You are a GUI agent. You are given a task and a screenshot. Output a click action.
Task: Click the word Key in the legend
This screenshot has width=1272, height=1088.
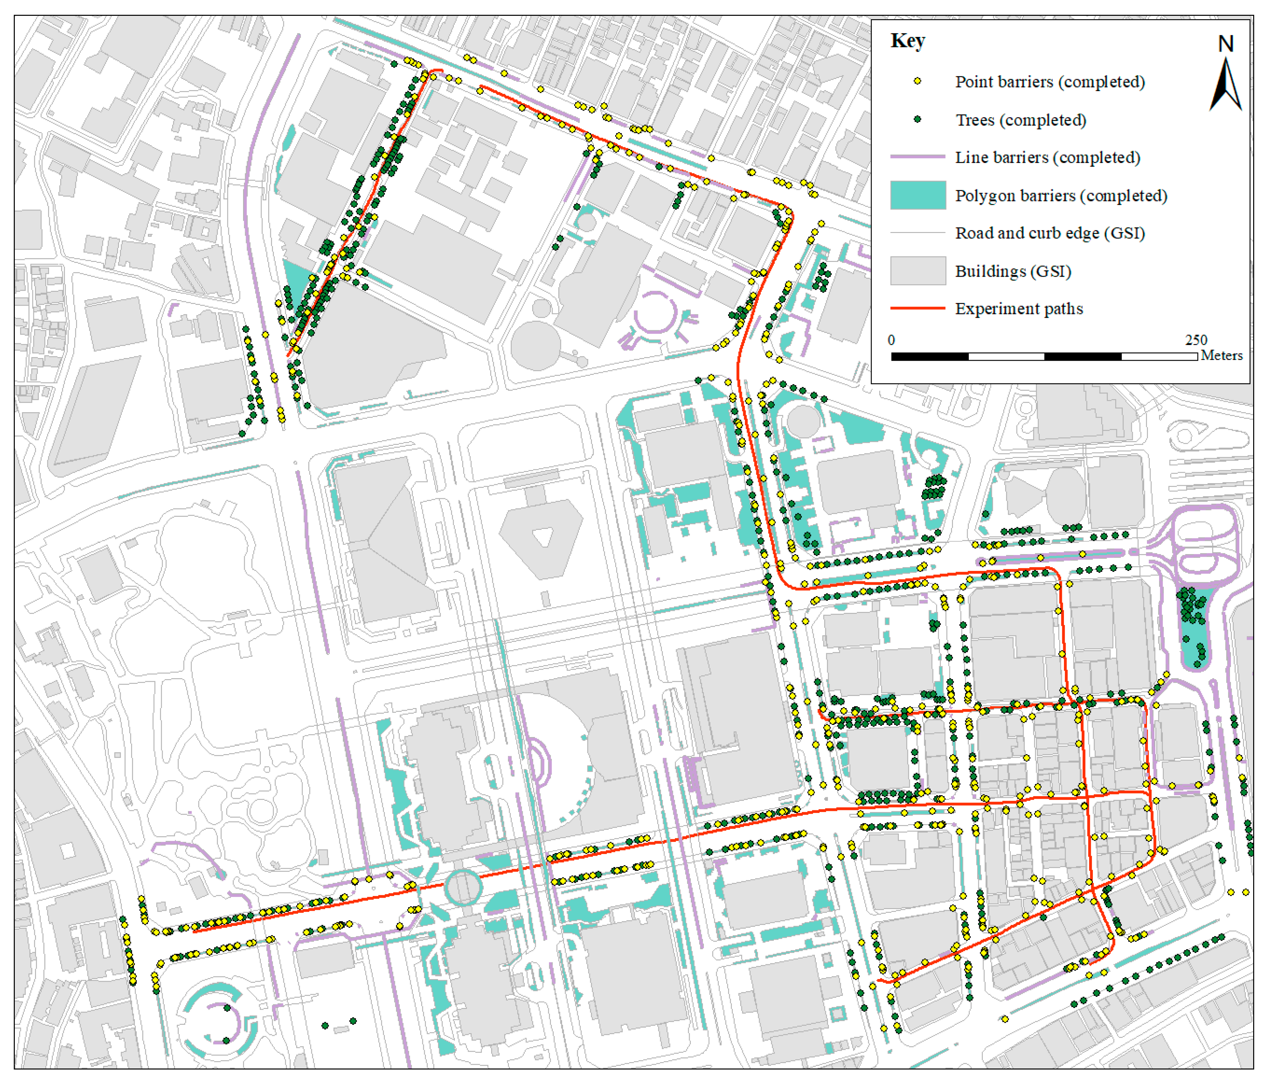click(x=907, y=41)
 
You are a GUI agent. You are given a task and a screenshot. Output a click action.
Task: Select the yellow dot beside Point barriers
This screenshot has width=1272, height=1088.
click(x=917, y=81)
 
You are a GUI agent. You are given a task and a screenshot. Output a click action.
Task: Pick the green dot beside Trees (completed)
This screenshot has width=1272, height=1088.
click(x=917, y=119)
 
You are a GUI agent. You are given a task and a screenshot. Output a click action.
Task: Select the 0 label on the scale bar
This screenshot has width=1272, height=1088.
click(x=891, y=340)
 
